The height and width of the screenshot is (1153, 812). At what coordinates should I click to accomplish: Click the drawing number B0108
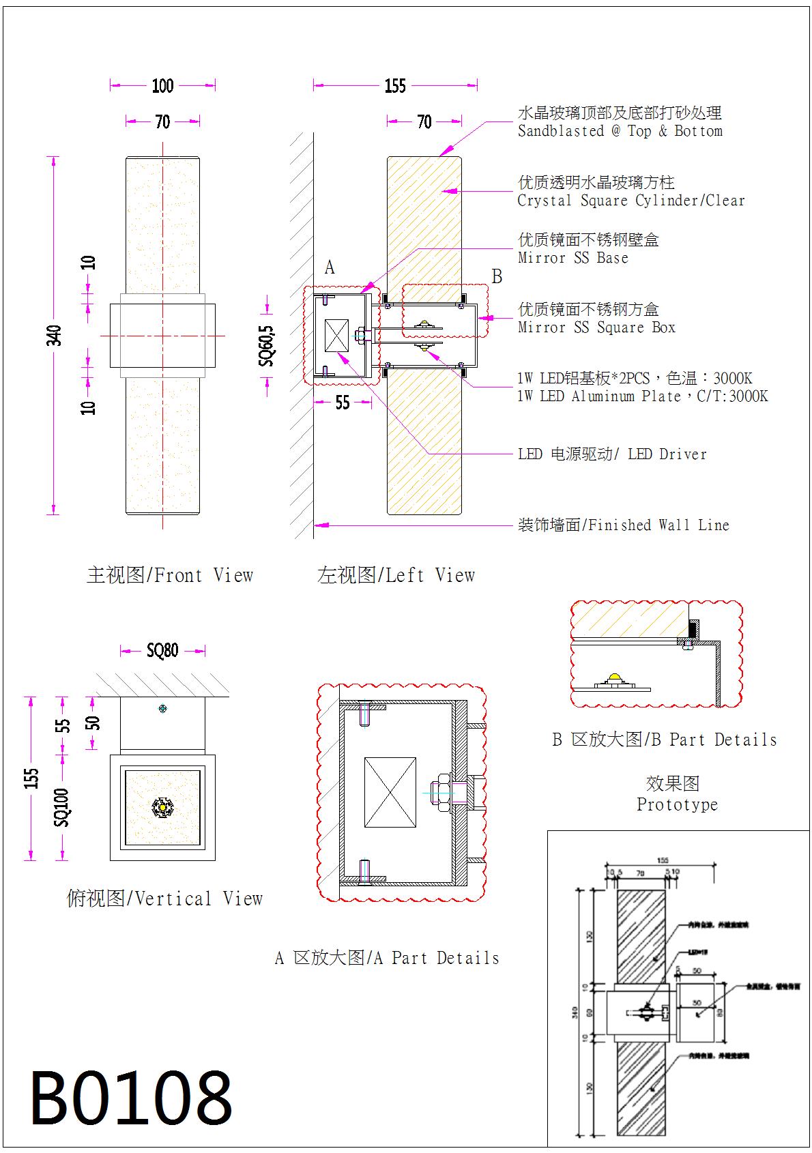click(x=131, y=1097)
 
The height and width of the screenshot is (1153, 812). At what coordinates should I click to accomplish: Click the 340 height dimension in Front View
click(x=54, y=335)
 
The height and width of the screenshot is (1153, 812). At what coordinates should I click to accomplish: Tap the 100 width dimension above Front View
click(x=162, y=85)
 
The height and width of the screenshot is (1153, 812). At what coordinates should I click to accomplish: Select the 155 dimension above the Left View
click(x=395, y=85)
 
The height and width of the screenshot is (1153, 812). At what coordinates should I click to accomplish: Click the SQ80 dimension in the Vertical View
click(x=162, y=650)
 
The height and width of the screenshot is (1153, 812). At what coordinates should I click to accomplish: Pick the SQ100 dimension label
click(x=62, y=807)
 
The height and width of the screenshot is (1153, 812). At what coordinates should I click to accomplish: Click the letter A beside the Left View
click(x=330, y=267)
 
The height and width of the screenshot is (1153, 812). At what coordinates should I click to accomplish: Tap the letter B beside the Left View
click(x=497, y=276)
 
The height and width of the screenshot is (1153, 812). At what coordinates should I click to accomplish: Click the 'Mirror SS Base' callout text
click(x=572, y=258)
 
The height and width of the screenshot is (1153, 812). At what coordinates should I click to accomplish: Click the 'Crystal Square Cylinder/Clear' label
click(x=630, y=201)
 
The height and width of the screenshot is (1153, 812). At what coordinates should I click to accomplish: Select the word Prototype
click(x=677, y=804)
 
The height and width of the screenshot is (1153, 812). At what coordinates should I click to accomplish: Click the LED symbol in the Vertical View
click(x=163, y=807)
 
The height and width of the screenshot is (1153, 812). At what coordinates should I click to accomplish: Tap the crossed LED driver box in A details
click(x=390, y=793)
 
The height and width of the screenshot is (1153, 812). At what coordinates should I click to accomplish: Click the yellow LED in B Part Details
click(x=615, y=677)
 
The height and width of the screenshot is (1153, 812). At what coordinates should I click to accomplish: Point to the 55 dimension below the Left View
click(x=343, y=403)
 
